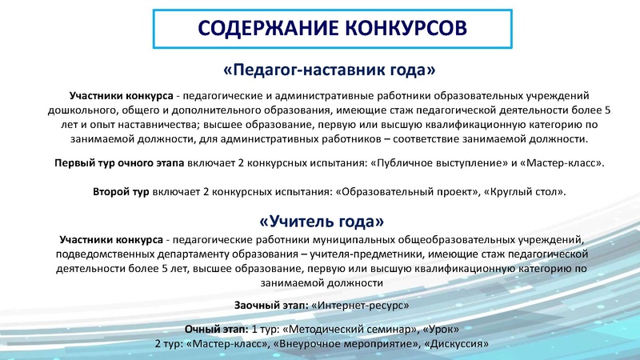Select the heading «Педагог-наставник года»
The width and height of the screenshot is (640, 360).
point(321,69)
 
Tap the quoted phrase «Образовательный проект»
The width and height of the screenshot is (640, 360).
point(398,192)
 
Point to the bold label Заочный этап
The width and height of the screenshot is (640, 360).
point(269,306)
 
